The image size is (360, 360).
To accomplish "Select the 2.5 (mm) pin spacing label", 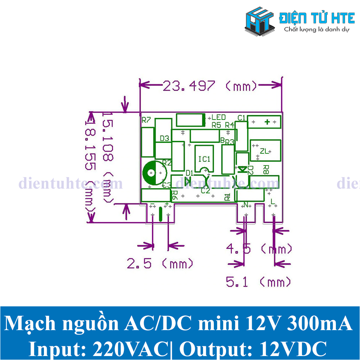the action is pyautogui.click(x=160, y=264).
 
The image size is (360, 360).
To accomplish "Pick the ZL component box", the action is pyautogui.click(x=265, y=150).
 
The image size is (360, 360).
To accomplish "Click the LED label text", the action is pyautogui.click(x=219, y=117).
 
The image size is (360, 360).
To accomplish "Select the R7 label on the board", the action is pyautogui.click(x=146, y=120).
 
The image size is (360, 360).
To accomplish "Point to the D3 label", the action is pyautogui.click(x=165, y=138).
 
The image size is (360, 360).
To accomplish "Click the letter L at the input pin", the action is pyautogui.click(x=273, y=204).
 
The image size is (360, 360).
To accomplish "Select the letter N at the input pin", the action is pyautogui.click(x=246, y=205).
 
